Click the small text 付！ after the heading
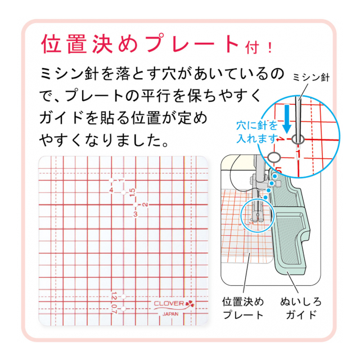(259, 48)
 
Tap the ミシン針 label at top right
(311, 78)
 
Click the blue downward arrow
(286, 119)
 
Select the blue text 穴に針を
(257, 125)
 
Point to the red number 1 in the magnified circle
(298, 154)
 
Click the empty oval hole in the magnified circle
(274, 157)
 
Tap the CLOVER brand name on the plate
(169, 303)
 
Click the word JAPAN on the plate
(170, 314)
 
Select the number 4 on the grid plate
(111, 190)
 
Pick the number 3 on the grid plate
(135, 214)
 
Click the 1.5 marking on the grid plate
(133, 192)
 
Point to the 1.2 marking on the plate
(114, 296)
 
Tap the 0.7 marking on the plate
(114, 309)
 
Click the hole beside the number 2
(136, 205)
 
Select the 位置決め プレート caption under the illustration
(243, 308)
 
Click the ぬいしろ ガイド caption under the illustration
(301, 308)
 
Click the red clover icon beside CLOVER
(190, 304)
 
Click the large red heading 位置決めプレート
(141, 44)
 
